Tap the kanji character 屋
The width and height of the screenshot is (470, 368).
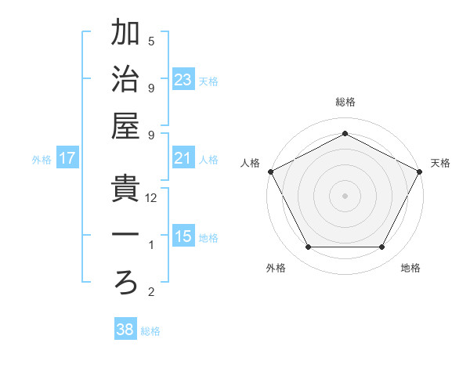(x=126, y=128)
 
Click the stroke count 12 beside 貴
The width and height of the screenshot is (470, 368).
(x=152, y=198)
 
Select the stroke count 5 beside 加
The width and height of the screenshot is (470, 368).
(x=151, y=41)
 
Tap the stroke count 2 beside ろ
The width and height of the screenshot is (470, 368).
(x=151, y=293)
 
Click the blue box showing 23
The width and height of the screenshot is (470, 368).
(x=183, y=79)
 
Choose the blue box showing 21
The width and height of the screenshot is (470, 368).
(x=183, y=159)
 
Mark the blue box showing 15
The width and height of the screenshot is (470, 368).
(x=183, y=237)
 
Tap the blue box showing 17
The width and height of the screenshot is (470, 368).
(x=67, y=159)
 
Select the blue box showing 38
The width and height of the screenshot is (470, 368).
(x=125, y=330)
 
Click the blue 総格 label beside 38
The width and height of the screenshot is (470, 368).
(x=150, y=331)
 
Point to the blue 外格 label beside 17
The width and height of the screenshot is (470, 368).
(x=42, y=160)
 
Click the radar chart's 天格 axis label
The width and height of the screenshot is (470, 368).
(x=440, y=163)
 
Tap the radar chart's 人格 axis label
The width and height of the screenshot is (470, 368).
(x=251, y=163)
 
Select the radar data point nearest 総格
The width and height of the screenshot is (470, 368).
(x=345, y=133)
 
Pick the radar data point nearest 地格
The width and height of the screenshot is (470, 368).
(x=381, y=247)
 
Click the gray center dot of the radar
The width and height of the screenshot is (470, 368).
(x=345, y=195)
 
